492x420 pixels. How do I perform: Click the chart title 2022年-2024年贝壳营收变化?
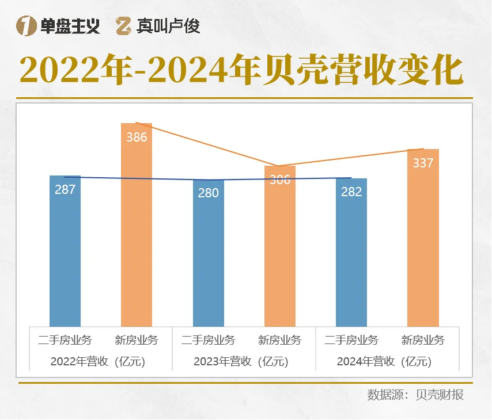(x=242, y=71)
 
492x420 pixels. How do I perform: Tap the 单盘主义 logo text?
(x=70, y=26)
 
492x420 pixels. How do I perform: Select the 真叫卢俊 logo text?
(x=169, y=26)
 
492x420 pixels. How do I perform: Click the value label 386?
(x=137, y=138)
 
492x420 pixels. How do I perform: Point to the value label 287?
(x=65, y=189)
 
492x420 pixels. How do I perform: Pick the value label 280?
(x=208, y=193)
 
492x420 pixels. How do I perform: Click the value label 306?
(x=280, y=180)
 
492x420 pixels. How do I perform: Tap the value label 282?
(x=351, y=192)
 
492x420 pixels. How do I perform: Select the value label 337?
(x=423, y=163)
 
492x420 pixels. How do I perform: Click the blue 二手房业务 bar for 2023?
(x=208, y=259)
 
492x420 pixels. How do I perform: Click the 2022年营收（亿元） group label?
(x=97, y=362)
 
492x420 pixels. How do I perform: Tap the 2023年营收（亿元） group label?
(x=241, y=362)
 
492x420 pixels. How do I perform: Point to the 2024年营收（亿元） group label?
(x=384, y=362)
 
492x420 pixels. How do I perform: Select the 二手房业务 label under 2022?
(x=65, y=340)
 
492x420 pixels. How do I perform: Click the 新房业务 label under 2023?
(x=280, y=340)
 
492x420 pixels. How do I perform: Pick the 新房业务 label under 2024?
(x=423, y=340)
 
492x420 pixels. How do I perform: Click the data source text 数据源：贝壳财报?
(x=415, y=395)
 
